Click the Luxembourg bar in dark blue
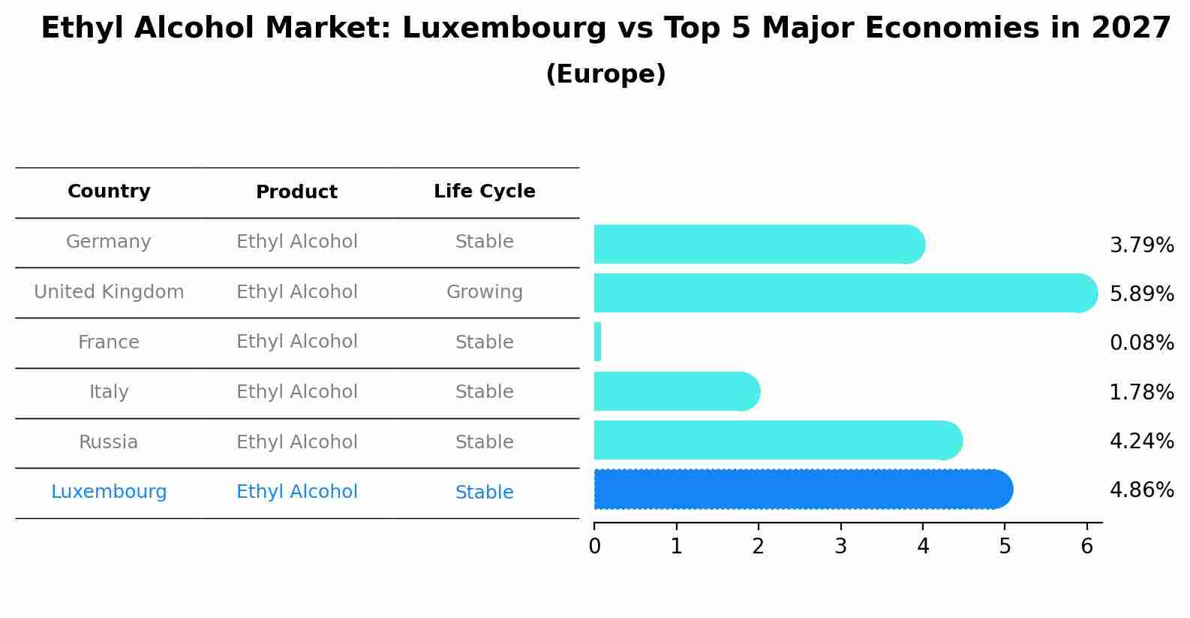[803, 490]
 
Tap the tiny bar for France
[598, 342]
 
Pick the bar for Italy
[676, 391]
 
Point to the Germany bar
[759, 244]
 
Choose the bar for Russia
[777, 440]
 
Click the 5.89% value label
[1141, 294]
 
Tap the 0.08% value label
[1141, 342]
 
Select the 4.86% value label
[1141, 490]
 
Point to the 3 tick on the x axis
[840, 546]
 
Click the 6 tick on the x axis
[1086, 546]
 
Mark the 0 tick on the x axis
[594, 546]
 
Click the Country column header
[109, 191]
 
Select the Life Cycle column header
[485, 191]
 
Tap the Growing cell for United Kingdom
[485, 292]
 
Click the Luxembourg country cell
[109, 492]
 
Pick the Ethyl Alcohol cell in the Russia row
[297, 442]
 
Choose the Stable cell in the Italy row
[485, 392]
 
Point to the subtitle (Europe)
[606, 74]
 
